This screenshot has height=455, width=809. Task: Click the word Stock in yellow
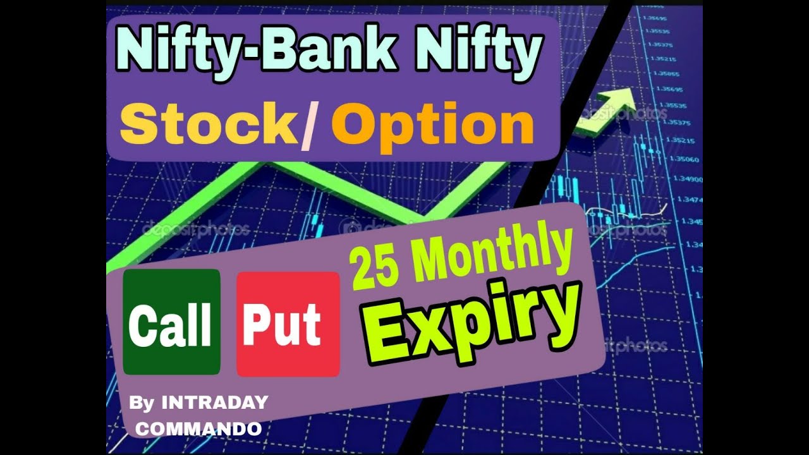pyautogui.click(x=208, y=124)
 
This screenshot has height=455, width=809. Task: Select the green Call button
pyautogui.click(x=171, y=322)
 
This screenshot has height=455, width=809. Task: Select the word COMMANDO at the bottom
pyautogui.click(x=198, y=428)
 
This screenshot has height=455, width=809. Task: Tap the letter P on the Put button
pyautogui.click(x=256, y=324)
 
